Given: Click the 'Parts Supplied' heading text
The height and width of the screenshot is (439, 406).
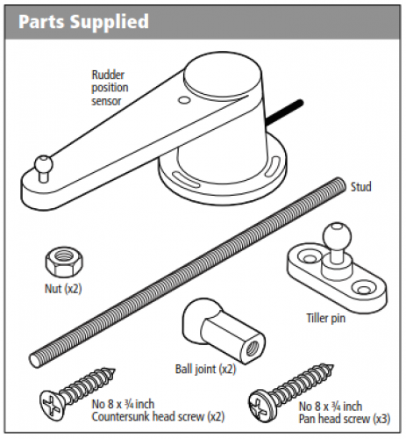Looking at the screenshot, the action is click(x=83, y=22).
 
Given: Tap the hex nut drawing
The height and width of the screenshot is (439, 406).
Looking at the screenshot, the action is click(x=64, y=262).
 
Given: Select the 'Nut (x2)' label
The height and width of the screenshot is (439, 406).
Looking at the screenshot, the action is click(x=63, y=289).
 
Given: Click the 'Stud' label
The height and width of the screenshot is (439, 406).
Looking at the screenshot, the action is click(x=361, y=187).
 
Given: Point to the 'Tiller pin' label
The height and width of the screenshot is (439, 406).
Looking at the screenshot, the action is click(x=326, y=318).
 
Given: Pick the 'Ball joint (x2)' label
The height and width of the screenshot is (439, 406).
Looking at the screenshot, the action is click(x=205, y=369).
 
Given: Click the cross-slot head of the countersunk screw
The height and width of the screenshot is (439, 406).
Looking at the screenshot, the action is click(x=51, y=406).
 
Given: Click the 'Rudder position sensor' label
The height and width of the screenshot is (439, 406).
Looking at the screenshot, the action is click(x=110, y=88).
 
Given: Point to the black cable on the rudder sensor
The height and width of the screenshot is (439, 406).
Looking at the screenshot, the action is click(x=284, y=111).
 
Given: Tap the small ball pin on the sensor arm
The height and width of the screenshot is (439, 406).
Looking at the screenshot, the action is click(x=43, y=167).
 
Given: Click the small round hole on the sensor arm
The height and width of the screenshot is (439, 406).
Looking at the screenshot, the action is click(x=184, y=100).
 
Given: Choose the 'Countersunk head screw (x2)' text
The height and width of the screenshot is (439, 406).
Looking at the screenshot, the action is click(x=158, y=417).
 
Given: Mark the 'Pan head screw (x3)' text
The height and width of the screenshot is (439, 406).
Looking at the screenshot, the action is click(x=345, y=419).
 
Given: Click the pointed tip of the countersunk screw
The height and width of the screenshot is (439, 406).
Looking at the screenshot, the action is click(x=115, y=370).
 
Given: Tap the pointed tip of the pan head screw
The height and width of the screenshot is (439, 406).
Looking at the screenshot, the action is click(x=332, y=366).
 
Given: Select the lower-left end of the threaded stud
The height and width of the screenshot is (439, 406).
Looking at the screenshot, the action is click(x=35, y=360).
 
